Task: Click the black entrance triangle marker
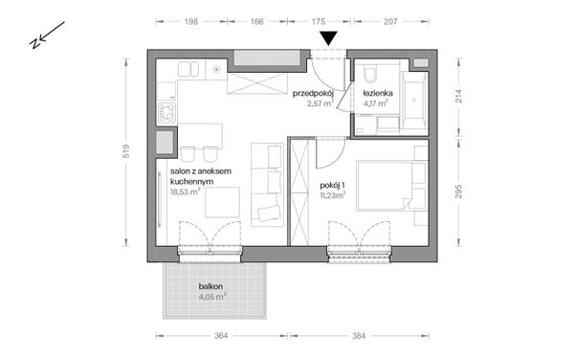pyautogui.click(x=329, y=38)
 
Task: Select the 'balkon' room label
pyautogui.click(x=211, y=286)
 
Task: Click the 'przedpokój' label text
pyautogui.click(x=312, y=93)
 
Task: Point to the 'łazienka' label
pyautogui.click(x=378, y=93)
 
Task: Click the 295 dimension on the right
pyautogui.click(x=457, y=189)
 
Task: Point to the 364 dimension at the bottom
pyautogui.click(x=221, y=336)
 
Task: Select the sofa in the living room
pyautogui.click(x=266, y=185)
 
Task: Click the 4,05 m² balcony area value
pyautogui.click(x=211, y=297)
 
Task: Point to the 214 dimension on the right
pyautogui.click(x=457, y=96)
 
